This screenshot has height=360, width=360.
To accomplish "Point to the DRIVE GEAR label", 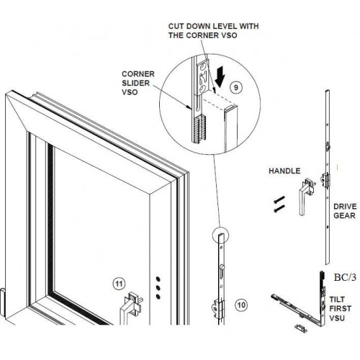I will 346,211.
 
